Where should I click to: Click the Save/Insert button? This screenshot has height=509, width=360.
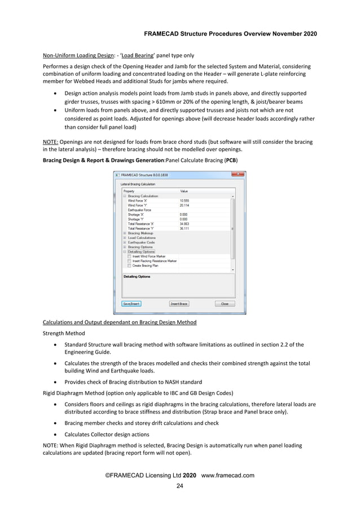[131, 304]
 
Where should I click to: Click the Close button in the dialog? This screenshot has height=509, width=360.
[225, 304]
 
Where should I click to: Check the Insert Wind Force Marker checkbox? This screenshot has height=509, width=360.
[129, 256]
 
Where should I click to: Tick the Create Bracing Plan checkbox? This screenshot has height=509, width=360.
[129, 265]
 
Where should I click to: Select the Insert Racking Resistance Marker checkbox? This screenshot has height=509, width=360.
[129, 261]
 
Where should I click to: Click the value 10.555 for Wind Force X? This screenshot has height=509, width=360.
[185, 200]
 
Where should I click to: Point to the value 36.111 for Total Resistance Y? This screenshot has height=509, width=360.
[185, 229]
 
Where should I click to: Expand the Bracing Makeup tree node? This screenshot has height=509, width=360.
[125, 233]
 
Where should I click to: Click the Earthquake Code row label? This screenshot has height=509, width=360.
[141, 243]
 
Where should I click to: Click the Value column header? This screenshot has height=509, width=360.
[184, 191]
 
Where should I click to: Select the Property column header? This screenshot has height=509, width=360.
[130, 191]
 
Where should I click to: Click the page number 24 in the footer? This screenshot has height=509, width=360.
[179, 486]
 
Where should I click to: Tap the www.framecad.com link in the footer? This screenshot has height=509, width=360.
[227, 475]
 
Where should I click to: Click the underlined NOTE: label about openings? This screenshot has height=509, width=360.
[52, 142]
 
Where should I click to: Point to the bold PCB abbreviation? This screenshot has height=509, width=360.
[231, 160]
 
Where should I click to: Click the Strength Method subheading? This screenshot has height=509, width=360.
[62, 334]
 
